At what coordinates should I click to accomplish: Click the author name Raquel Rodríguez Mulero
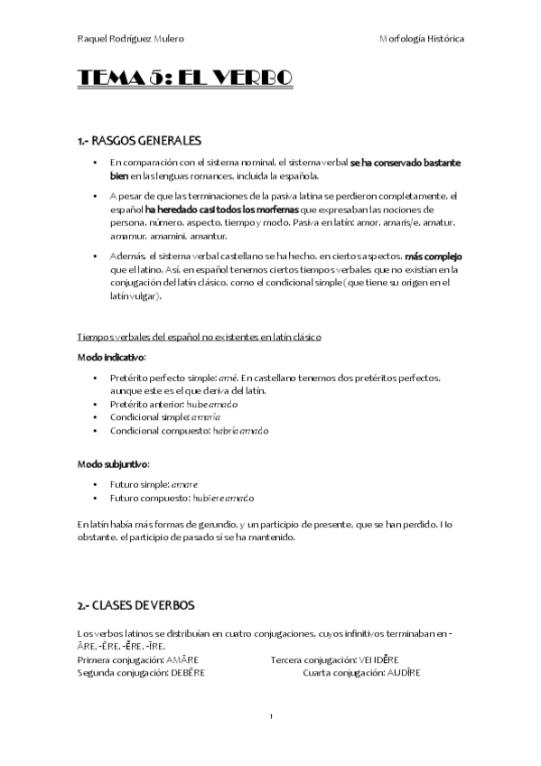pyautogui.click(x=129, y=40)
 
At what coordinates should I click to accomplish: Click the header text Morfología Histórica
pyautogui.click(x=422, y=40)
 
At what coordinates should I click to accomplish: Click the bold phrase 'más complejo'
pyautogui.click(x=434, y=257)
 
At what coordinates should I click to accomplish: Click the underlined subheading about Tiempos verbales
pyautogui.click(x=200, y=337)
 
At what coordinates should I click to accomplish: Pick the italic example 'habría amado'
pyautogui.click(x=240, y=431)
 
